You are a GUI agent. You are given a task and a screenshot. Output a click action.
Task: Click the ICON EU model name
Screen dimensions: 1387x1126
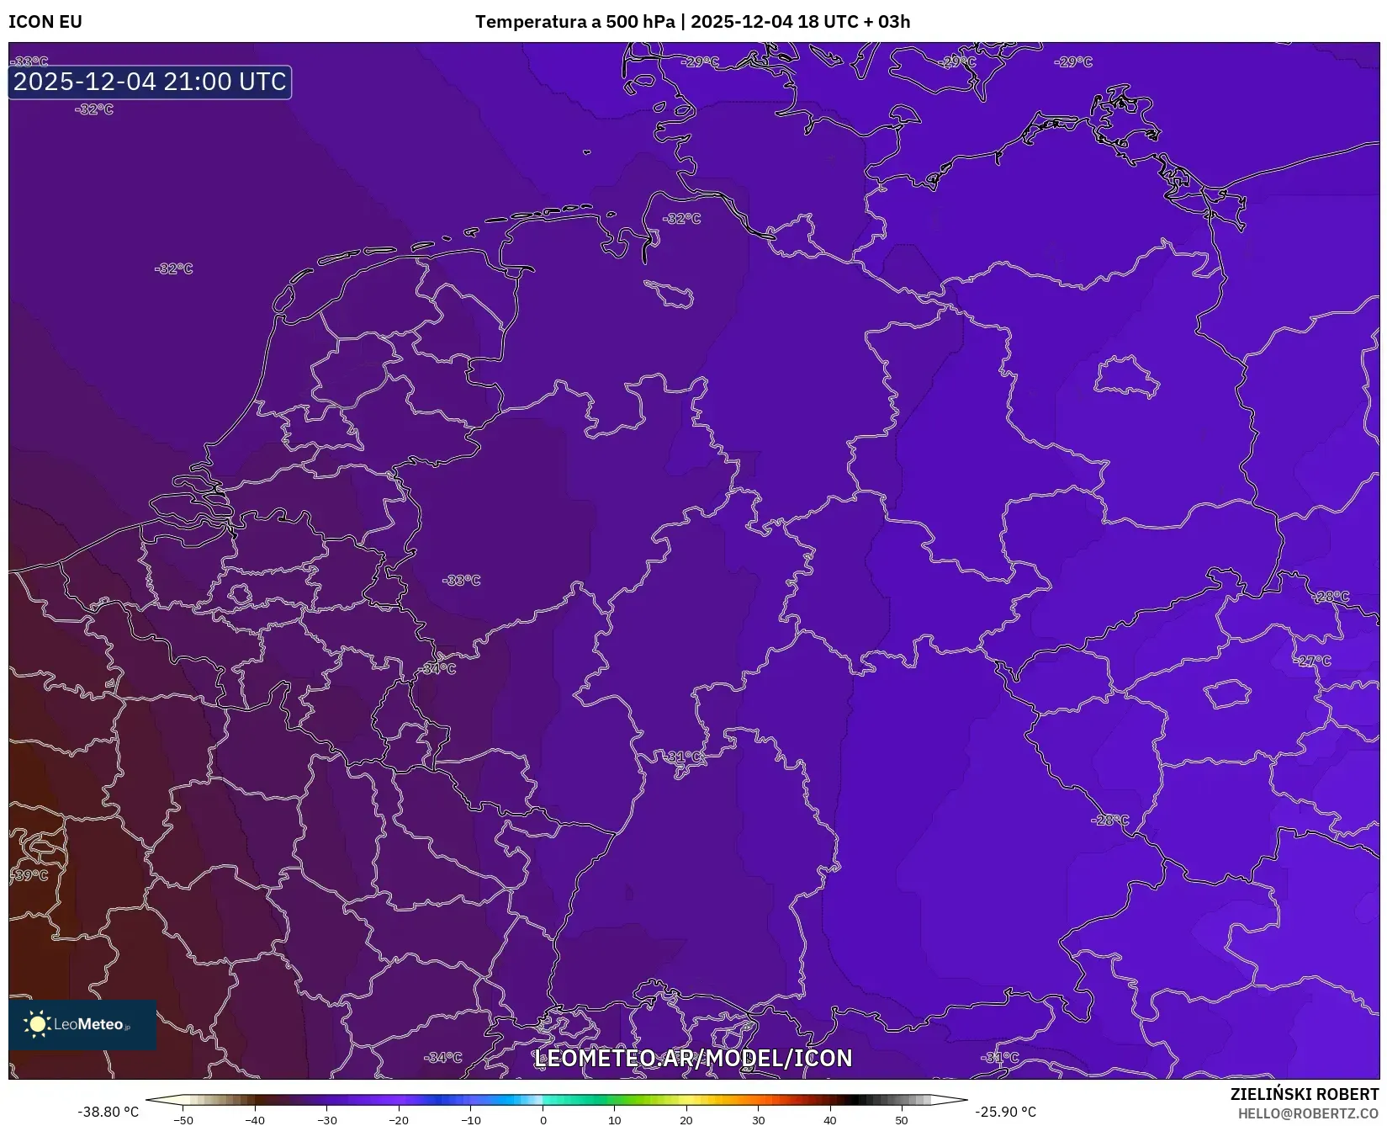click(x=45, y=22)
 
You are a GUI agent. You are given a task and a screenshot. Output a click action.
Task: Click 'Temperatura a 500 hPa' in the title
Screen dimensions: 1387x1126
click(x=574, y=22)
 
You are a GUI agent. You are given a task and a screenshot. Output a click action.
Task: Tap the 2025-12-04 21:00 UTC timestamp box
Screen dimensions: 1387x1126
click(x=150, y=82)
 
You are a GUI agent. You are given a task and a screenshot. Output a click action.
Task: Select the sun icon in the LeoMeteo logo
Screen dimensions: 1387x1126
click(x=37, y=1024)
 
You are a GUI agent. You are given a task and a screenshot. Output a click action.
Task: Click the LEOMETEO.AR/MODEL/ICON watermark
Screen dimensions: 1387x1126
click(x=693, y=1058)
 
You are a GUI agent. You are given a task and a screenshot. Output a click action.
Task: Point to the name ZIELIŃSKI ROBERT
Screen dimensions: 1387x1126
click(x=1305, y=1094)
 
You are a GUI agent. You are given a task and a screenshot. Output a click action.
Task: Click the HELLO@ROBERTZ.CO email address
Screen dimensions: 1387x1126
click(x=1308, y=1113)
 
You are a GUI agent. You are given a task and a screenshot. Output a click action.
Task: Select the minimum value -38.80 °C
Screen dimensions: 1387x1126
click(x=109, y=1112)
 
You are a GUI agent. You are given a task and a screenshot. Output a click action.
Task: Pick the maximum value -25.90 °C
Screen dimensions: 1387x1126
click(x=1005, y=1112)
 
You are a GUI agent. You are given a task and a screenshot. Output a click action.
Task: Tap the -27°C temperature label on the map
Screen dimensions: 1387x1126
click(x=1314, y=661)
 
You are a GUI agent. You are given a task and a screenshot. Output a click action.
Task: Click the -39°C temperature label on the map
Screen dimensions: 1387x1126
click(x=30, y=875)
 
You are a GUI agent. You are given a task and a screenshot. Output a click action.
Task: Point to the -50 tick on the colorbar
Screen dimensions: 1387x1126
click(x=183, y=1119)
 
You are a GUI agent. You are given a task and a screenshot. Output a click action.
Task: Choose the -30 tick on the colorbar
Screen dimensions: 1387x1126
click(x=327, y=1119)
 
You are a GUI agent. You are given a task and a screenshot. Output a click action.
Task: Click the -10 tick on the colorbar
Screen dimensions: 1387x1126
click(x=471, y=1119)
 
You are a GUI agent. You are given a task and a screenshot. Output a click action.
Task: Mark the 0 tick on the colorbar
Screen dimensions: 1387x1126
click(x=543, y=1119)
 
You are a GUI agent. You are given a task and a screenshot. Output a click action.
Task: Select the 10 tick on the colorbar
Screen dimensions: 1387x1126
click(x=615, y=1119)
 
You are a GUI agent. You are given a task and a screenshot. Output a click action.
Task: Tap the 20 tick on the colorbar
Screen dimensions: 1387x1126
click(x=686, y=1119)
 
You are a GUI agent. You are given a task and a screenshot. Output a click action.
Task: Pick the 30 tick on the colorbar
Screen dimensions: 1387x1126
click(x=759, y=1119)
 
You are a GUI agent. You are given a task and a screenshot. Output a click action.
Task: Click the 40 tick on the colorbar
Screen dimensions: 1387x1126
click(x=830, y=1119)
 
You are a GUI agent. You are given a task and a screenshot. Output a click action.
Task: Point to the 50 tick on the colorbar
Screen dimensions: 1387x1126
click(x=902, y=1119)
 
